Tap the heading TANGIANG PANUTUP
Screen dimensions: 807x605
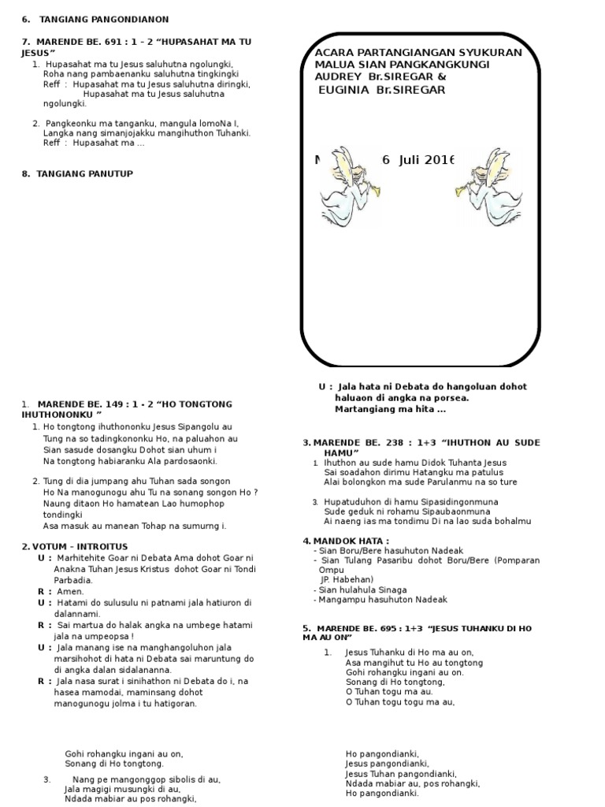tap(84, 173)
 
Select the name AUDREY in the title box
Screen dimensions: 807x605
tap(338, 77)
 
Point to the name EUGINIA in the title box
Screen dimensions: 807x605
tap(346, 90)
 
